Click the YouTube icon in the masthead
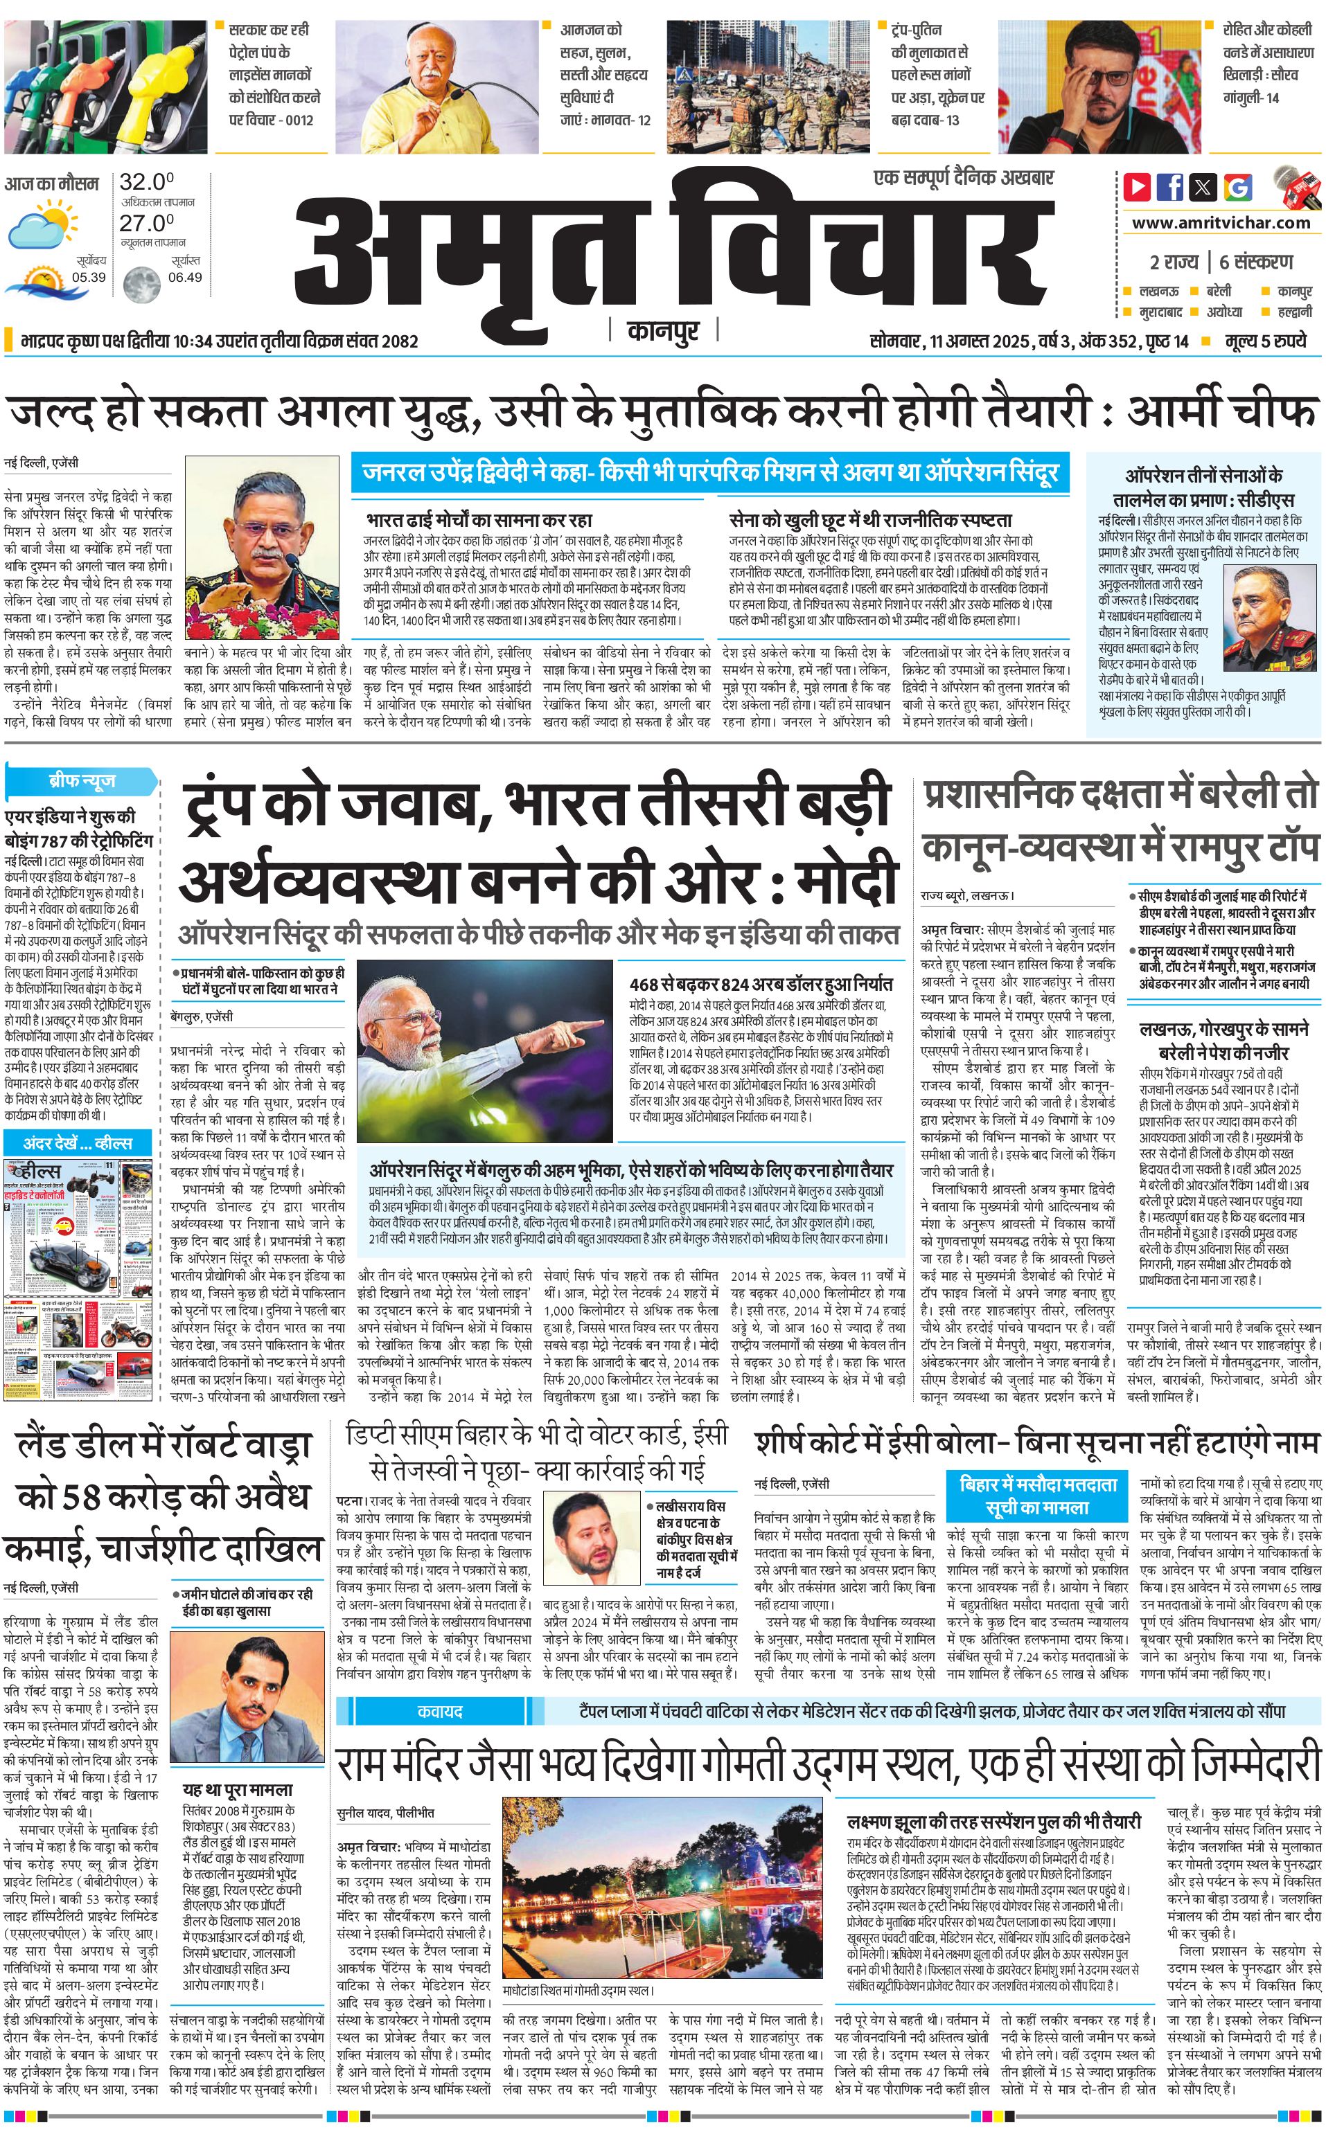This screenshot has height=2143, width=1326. (x=1138, y=187)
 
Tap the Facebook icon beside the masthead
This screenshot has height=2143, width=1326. (x=1170, y=187)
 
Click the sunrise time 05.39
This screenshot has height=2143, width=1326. (x=89, y=277)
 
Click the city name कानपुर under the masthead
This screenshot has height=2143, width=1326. (x=663, y=331)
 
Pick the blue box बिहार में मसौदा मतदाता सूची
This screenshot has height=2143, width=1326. (x=1038, y=1496)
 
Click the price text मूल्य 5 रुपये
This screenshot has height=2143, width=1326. (x=1266, y=341)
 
